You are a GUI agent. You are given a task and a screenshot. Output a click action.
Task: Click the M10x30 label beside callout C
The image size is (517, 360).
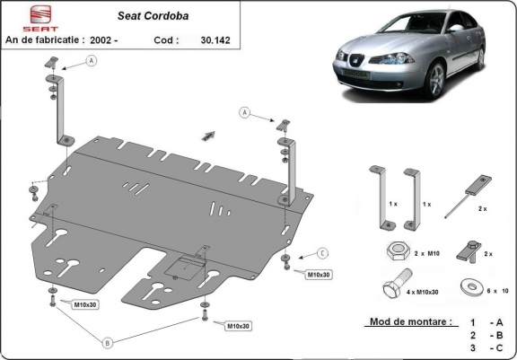tap(320, 274)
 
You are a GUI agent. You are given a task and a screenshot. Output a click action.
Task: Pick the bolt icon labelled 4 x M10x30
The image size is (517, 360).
tap(394, 287)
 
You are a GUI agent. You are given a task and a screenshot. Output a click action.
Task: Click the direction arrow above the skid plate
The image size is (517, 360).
tap(209, 133)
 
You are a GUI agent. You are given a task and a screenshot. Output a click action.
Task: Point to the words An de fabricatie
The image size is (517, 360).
tap(47, 40)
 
